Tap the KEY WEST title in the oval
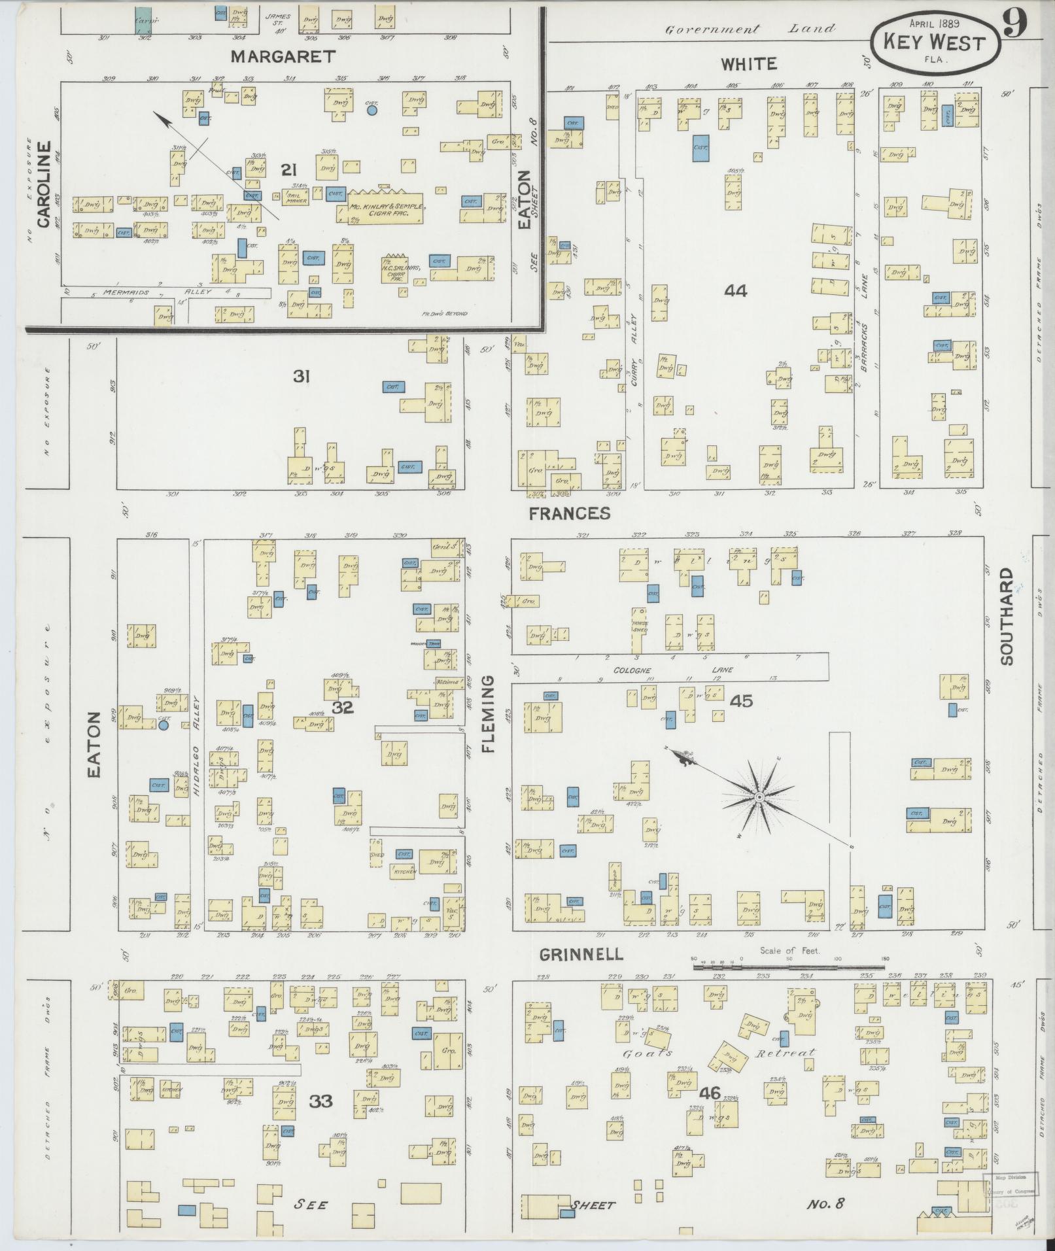(x=935, y=43)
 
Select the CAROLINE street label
(x=44, y=184)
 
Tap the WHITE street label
(x=749, y=64)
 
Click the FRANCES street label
(x=570, y=513)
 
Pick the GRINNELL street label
(x=581, y=955)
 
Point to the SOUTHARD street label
(x=1006, y=617)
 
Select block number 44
(x=735, y=291)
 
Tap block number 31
(x=301, y=377)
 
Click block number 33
(x=321, y=1101)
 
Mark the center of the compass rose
(x=759, y=797)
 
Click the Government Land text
(x=750, y=29)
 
